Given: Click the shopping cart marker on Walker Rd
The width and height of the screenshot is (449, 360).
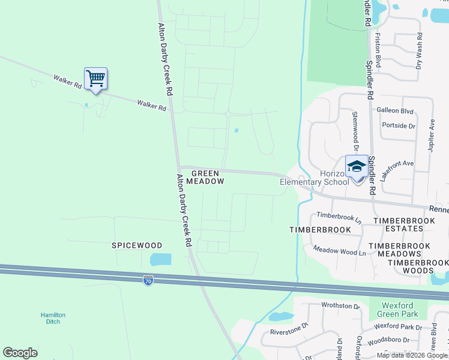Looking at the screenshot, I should (95, 79).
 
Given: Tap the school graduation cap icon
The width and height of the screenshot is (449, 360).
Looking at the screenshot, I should (357, 167).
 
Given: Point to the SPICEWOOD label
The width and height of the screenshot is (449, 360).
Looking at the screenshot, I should (137, 245).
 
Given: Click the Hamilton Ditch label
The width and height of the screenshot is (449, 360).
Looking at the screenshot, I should (53, 318).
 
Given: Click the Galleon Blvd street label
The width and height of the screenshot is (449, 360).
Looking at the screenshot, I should (395, 111).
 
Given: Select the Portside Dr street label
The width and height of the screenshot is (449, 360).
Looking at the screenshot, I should (399, 126).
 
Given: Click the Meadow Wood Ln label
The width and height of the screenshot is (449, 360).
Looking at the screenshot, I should (339, 251).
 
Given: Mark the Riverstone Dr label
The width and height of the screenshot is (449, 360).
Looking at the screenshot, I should (289, 328).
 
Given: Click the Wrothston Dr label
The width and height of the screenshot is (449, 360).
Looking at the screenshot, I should (340, 306).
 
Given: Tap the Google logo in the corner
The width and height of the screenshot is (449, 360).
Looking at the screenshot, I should (20, 353).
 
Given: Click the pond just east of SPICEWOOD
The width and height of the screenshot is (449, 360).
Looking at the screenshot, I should (160, 260).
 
